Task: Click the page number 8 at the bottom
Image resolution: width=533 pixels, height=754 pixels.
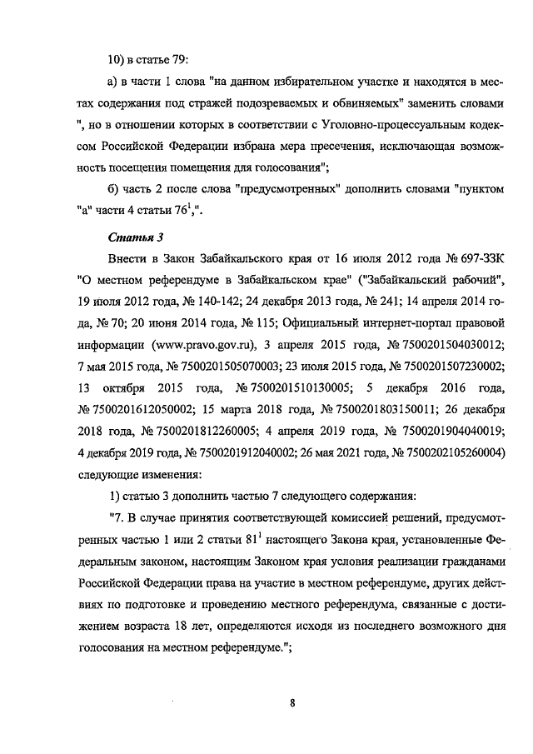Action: point(293,702)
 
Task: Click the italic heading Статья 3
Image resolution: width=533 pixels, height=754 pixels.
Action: point(134,237)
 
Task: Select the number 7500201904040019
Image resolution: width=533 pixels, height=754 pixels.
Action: point(452,432)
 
